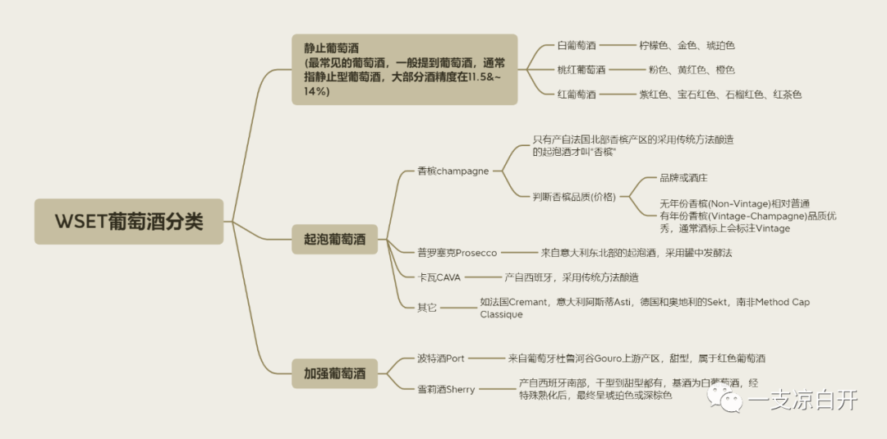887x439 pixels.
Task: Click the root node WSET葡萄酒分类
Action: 128,222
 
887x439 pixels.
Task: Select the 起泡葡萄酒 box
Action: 335,242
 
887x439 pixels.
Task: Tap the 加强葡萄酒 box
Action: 335,374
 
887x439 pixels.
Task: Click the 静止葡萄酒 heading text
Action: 331,48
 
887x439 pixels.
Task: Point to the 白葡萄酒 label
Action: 577,46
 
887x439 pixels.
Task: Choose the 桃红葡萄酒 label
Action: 581,71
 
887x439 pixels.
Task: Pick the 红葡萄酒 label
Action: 577,94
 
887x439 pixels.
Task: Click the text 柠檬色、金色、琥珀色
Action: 687,46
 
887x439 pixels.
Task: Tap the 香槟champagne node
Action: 453,171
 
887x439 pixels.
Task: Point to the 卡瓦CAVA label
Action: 439,277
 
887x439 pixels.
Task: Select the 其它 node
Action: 426,307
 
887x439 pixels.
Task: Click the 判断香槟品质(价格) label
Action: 574,196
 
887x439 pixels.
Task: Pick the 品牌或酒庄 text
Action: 683,177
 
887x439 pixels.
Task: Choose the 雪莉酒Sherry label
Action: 445,389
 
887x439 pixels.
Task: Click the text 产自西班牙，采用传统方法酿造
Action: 571,277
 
